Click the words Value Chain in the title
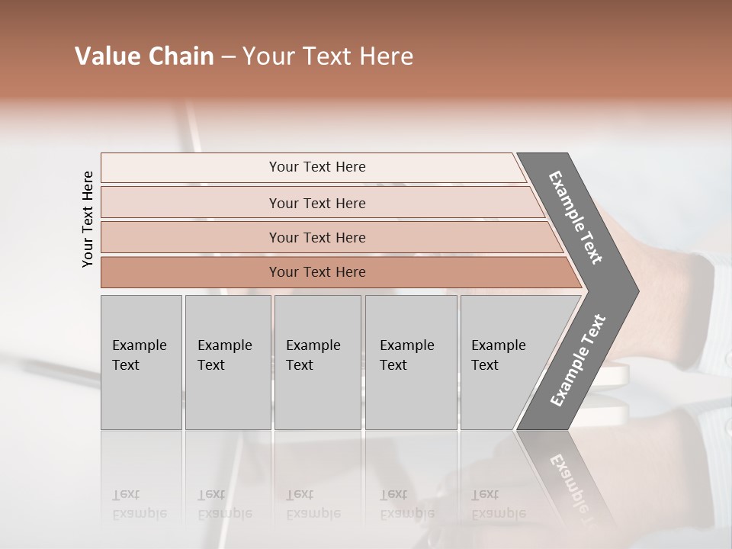(144, 56)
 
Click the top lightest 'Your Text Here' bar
(316, 167)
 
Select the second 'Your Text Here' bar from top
(316, 203)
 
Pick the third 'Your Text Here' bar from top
(316, 237)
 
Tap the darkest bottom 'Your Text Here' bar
(316, 272)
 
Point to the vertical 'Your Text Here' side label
(88, 219)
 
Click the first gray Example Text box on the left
(141, 362)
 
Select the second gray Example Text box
(227, 362)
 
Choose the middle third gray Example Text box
(317, 362)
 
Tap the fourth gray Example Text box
(410, 362)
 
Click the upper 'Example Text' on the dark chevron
(576, 217)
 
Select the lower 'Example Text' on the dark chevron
(577, 361)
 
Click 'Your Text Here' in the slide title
(328, 56)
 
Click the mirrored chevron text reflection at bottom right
(572, 484)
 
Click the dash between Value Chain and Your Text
(228, 57)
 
